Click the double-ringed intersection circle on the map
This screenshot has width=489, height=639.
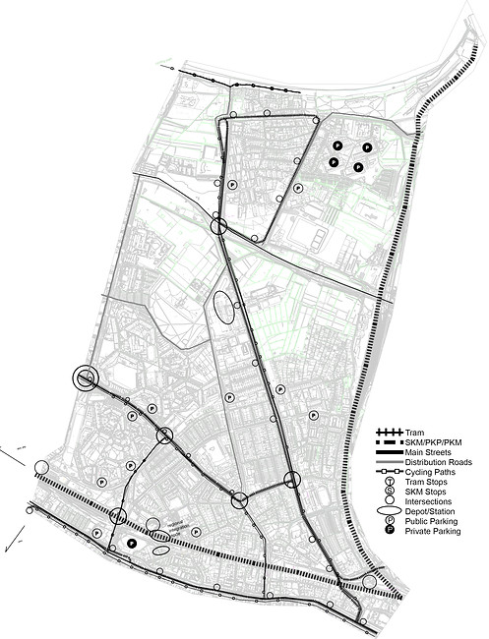pyautogui.click(x=86, y=378)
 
